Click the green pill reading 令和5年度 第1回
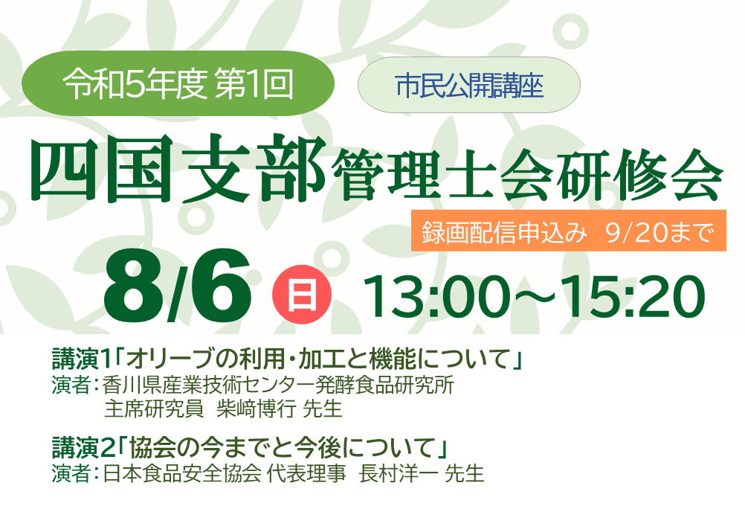tap(178, 83)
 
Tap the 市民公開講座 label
tap(469, 85)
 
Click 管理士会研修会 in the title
tap(526, 174)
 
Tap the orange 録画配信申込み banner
tap(568, 231)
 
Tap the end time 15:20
tap(633, 296)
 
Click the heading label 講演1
tap(81, 359)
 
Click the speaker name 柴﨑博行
tap(256, 409)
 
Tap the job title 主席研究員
tap(153, 409)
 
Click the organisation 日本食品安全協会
tap(182, 474)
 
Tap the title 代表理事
tap(306, 474)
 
